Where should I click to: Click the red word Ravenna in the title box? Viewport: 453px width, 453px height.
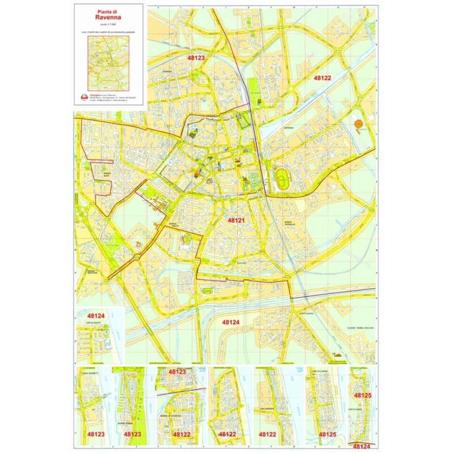pyautogui.click(x=108, y=16)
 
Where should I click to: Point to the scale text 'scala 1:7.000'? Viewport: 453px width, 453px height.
pyautogui.click(x=108, y=24)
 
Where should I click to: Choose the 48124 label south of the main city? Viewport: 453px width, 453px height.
pyautogui.click(x=230, y=322)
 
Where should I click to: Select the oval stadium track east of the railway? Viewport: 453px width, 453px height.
pyautogui.click(x=281, y=180)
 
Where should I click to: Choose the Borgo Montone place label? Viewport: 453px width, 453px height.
pyautogui.click(x=94, y=271)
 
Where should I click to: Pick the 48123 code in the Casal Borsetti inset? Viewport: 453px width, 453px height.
pyautogui.click(x=96, y=434)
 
